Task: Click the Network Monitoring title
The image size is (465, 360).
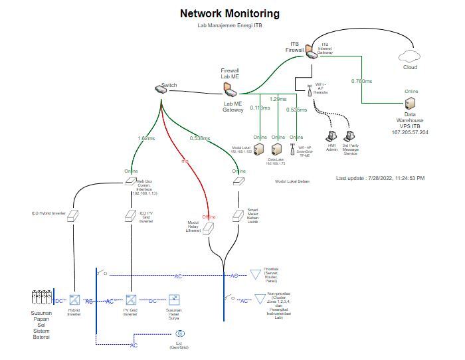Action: pyautogui.click(x=230, y=13)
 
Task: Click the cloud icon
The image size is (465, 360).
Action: pyautogui.click(x=411, y=54)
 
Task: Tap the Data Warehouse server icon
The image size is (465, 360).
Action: pyautogui.click(x=411, y=104)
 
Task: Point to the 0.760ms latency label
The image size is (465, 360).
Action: pyautogui.click(x=361, y=81)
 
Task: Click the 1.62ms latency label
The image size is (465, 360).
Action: pyautogui.click(x=145, y=138)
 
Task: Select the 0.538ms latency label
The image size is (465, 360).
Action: pyautogui.click(x=199, y=138)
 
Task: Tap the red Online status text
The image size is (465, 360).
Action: pyautogui.click(x=209, y=217)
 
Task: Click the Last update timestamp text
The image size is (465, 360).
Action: pyautogui.click(x=380, y=178)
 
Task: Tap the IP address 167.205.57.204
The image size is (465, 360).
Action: pyautogui.click(x=410, y=132)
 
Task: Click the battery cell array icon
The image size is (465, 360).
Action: pyautogui.click(x=41, y=299)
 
